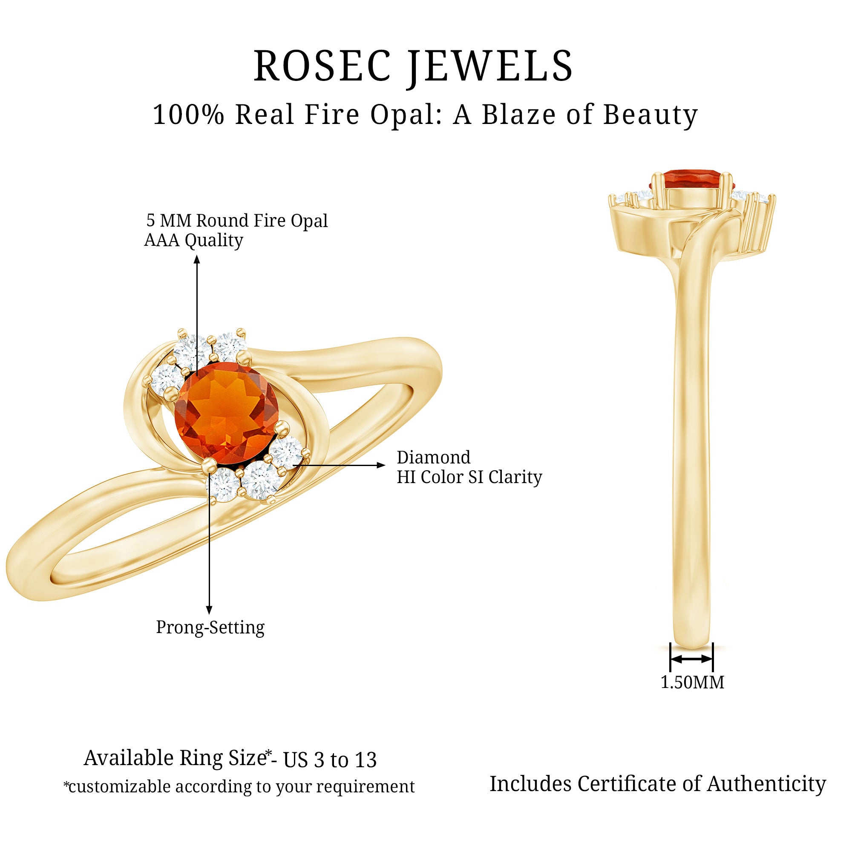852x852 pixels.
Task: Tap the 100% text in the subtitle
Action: pyautogui.click(x=188, y=115)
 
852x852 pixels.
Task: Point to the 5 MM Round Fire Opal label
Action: pyautogui.click(x=237, y=221)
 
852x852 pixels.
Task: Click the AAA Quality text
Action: pyautogui.click(x=193, y=240)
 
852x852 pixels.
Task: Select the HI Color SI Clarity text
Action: pyautogui.click(x=469, y=477)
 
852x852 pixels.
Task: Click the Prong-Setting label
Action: pyautogui.click(x=210, y=627)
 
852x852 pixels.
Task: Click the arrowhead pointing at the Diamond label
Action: pyautogui.click(x=381, y=465)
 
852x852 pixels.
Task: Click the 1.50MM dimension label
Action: pyautogui.click(x=692, y=682)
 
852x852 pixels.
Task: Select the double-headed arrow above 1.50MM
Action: pyautogui.click(x=691, y=659)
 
